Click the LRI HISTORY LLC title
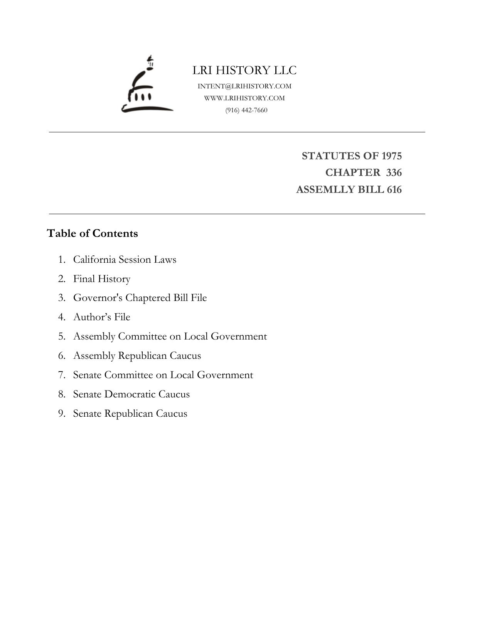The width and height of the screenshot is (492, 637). point(244,70)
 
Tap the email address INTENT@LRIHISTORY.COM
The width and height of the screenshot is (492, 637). point(244,86)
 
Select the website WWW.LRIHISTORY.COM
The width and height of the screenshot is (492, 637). point(244,98)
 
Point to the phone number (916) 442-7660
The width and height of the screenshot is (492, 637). point(246,110)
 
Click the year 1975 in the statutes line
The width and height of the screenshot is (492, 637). point(391,156)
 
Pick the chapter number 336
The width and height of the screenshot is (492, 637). point(394,172)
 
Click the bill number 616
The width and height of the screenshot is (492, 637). point(394,189)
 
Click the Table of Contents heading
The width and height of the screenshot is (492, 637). point(92,233)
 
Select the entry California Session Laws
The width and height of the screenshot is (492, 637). point(125,259)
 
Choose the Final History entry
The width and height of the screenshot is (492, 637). point(102,279)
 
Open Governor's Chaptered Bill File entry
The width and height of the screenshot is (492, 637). point(140,298)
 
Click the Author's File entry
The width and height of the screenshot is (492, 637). point(102,317)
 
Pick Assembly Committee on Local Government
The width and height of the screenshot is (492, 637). point(170,336)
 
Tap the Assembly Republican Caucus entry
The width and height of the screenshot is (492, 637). point(137,355)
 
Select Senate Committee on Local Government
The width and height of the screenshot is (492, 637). point(163,375)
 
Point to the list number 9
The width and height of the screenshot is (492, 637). point(62,414)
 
